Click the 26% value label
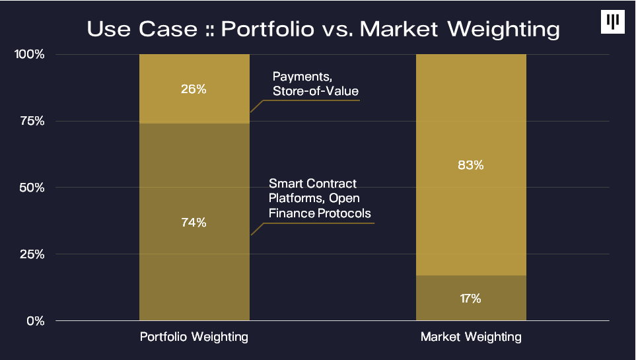pyautogui.click(x=194, y=89)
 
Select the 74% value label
pyautogui.click(x=194, y=223)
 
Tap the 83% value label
pyautogui.click(x=471, y=165)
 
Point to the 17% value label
pyautogui.click(x=471, y=299)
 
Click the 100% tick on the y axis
pyautogui.click(x=30, y=54)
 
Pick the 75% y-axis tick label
pyautogui.click(x=31, y=121)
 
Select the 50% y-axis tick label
pyautogui.click(x=31, y=188)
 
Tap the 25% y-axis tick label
pyautogui.click(x=31, y=254)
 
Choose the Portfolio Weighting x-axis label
pyautogui.click(x=194, y=337)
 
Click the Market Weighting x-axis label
pyautogui.click(x=471, y=337)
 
